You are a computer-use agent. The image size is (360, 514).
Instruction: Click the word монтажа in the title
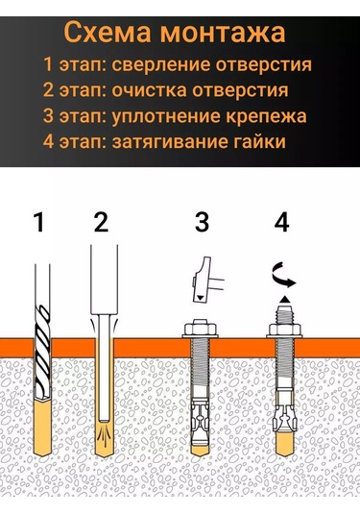pyautogui.click(x=223, y=33)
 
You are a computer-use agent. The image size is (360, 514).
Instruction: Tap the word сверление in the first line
pyautogui.click(x=160, y=65)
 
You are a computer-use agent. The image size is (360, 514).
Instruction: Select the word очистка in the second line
pyautogui.click(x=149, y=90)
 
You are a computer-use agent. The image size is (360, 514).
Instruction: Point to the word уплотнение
pyautogui.click(x=166, y=116)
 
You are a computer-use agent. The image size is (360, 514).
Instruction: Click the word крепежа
pyautogui.click(x=266, y=116)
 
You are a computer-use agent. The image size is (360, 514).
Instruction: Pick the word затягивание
pyautogui.click(x=169, y=142)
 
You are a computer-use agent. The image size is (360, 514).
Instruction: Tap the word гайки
pyautogui.click(x=259, y=141)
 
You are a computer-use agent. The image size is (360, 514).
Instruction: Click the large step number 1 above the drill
pyautogui.click(x=39, y=222)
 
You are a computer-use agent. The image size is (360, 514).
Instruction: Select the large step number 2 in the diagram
pyautogui.click(x=101, y=222)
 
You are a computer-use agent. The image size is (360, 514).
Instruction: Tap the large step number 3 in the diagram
pyautogui.click(x=202, y=222)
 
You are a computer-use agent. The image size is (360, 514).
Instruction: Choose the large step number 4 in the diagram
pyautogui.click(x=281, y=222)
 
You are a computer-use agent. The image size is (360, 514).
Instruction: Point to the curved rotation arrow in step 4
pyautogui.click(x=283, y=276)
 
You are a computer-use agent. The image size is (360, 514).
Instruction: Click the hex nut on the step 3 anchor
pyautogui.click(x=199, y=329)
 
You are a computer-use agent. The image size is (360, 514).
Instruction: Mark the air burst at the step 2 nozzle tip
pyautogui.click(x=106, y=432)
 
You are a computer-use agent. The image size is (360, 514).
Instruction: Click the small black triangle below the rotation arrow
pyautogui.click(x=284, y=300)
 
